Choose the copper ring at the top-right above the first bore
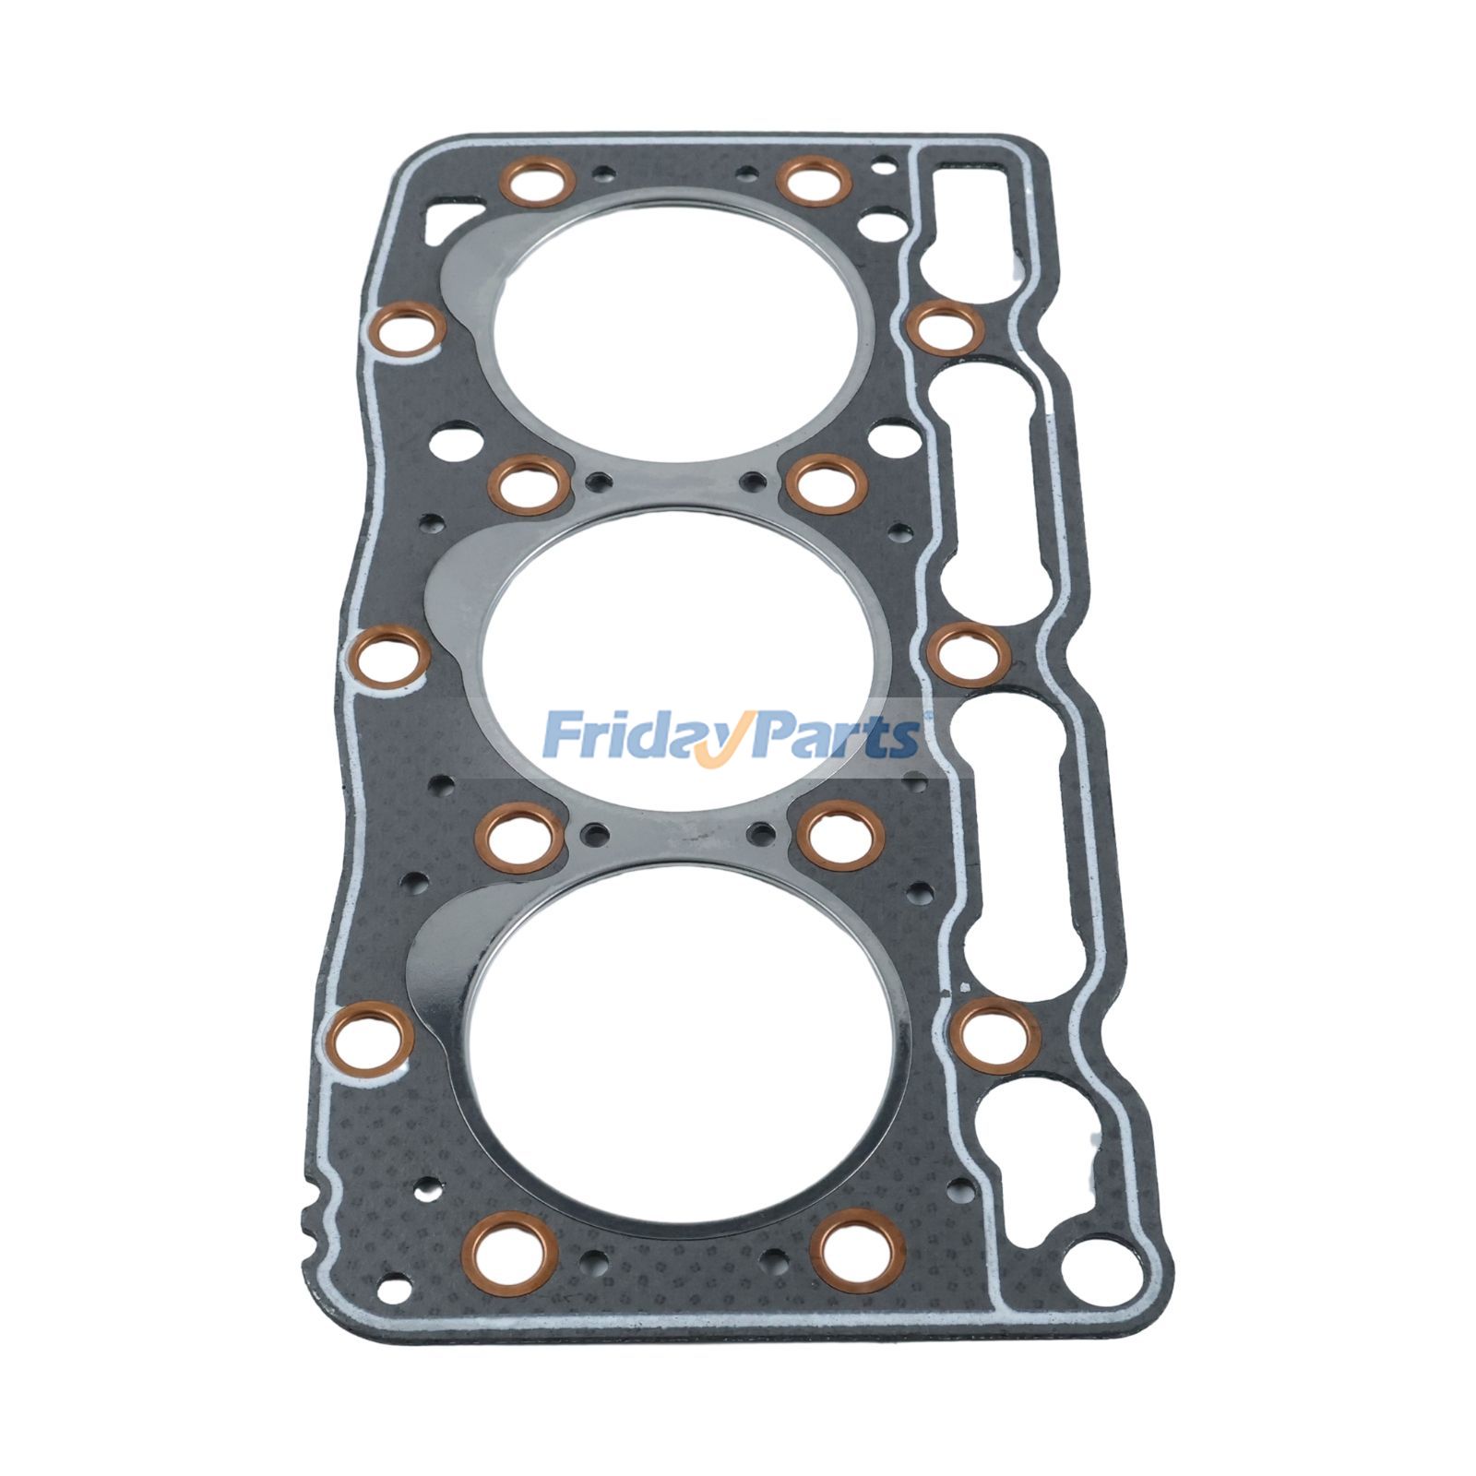(x=813, y=180)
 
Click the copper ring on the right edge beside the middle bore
(x=968, y=654)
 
